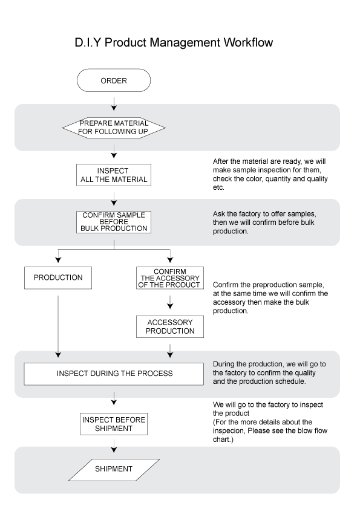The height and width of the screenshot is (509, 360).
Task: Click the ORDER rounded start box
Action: (x=114, y=80)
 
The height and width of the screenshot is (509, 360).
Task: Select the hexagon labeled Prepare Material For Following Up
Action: (x=114, y=128)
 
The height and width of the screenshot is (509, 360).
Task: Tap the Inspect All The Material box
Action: (x=114, y=175)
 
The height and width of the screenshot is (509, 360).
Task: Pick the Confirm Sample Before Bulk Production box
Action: (x=114, y=222)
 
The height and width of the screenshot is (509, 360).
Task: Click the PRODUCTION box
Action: (x=58, y=278)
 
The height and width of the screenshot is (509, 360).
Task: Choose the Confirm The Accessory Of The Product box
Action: (x=170, y=278)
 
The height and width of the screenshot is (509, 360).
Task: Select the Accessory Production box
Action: (x=170, y=326)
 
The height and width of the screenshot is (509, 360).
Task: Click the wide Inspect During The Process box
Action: (x=114, y=374)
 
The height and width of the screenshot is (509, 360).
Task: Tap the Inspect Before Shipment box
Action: (x=114, y=424)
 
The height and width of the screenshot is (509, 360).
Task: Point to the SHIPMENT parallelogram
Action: (x=114, y=470)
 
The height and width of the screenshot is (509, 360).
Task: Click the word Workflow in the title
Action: (x=249, y=42)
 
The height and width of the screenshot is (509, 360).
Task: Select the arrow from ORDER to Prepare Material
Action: (x=114, y=103)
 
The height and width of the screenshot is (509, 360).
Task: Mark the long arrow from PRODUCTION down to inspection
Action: (x=58, y=326)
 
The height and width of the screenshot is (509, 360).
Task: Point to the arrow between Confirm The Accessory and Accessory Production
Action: (x=170, y=302)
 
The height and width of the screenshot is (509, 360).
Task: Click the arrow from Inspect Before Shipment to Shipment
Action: (x=114, y=446)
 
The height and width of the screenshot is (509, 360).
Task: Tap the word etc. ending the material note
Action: (x=218, y=187)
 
